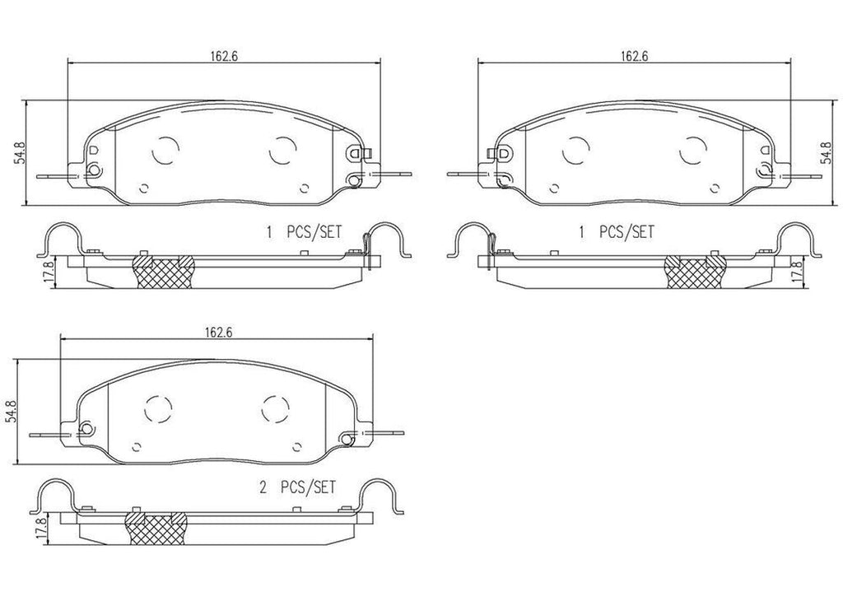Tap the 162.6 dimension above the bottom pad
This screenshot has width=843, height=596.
tap(216, 333)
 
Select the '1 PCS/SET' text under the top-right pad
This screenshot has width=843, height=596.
tap(616, 233)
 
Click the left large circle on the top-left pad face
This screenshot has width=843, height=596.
tap(166, 150)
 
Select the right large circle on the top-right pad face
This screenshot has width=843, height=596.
tap(695, 150)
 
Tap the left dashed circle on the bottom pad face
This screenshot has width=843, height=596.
tap(159, 407)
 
